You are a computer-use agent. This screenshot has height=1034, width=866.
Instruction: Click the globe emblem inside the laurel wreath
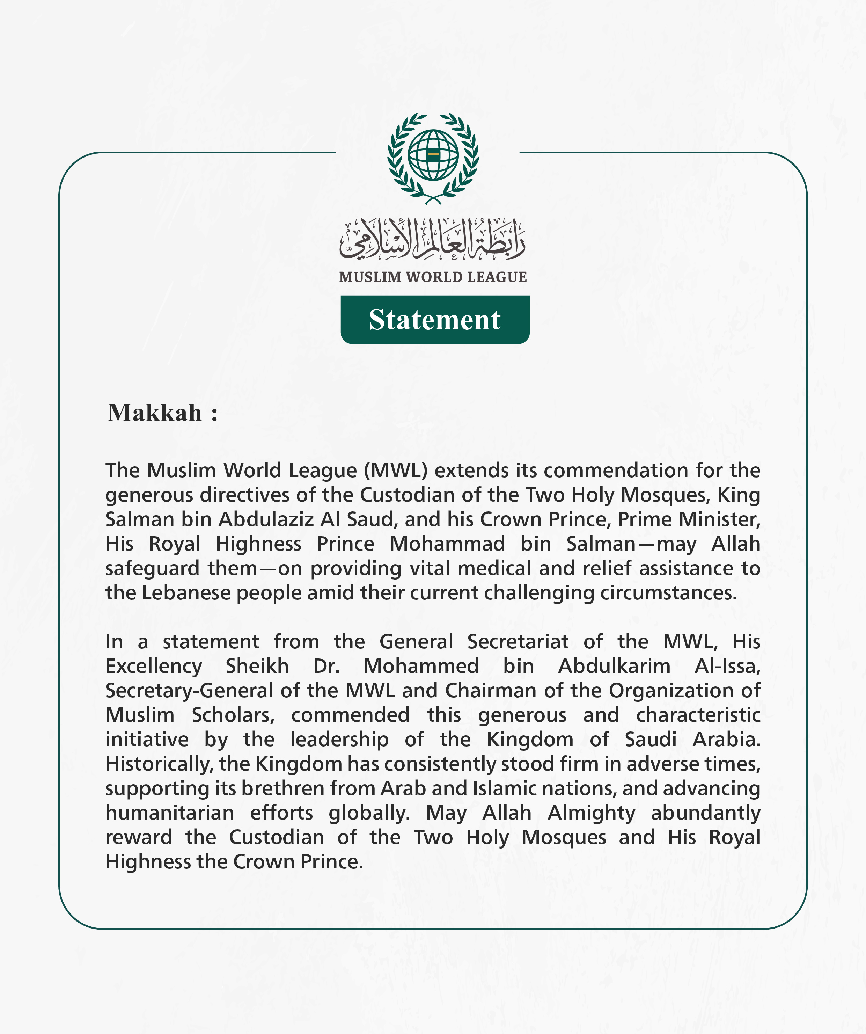coord(433,155)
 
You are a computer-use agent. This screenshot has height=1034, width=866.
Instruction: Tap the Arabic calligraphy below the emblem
coord(433,239)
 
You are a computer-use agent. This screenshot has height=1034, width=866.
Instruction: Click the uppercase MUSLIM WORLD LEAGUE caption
coord(433,277)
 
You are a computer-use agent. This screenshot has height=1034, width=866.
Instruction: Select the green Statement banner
coord(435,320)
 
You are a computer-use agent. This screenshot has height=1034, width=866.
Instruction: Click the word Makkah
coord(155,413)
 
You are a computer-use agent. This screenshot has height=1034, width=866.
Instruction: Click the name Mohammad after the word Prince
coord(447,544)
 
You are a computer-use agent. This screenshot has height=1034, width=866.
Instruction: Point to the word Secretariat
coord(518,642)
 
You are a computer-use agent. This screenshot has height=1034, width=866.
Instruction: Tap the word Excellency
coord(154,667)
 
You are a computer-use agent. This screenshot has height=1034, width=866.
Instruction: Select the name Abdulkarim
coord(614,666)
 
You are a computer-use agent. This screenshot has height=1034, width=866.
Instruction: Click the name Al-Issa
coord(727,666)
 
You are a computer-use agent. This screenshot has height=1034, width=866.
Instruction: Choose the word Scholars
coord(233,715)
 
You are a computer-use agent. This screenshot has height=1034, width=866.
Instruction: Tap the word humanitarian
coord(170,813)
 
